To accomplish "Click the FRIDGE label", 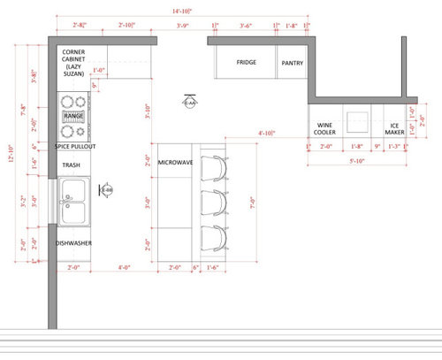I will click(x=246, y=63).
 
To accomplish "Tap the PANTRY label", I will click(x=292, y=64).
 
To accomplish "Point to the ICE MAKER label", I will click(x=393, y=129).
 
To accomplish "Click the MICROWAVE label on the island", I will click(x=176, y=164).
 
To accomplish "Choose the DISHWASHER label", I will click(x=74, y=242).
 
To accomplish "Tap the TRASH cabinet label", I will click(x=71, y=165).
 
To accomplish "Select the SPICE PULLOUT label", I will click(x=74, y=146).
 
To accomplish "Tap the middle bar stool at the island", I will click(x=213, y=202).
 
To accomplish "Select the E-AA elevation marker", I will click(x=188, y=103).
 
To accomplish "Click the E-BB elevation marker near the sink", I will click(x=106, y=189).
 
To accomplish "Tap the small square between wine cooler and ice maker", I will click(x=358, y=119).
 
